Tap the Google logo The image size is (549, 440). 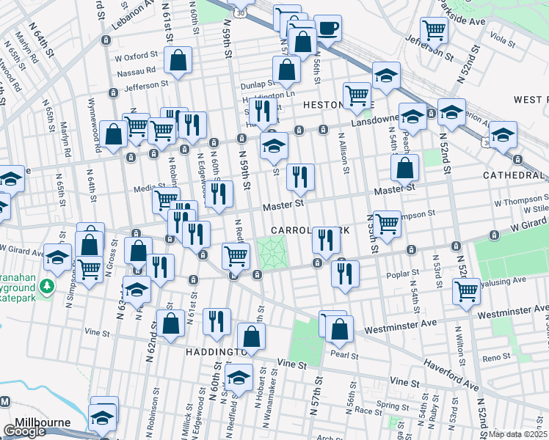[x=24, y=431]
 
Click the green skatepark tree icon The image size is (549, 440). [x=48, y=285]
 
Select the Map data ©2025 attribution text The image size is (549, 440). [x=518, y=433]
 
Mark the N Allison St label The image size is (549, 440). [x=342, y=153]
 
